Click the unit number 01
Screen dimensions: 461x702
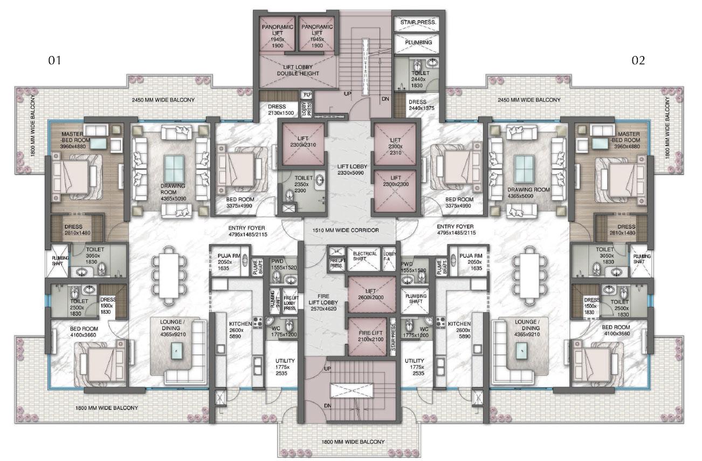point(54,60)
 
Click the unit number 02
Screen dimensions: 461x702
point(638,60)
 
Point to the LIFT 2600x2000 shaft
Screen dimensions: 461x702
point(371,294)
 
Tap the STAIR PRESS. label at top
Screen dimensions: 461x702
point(418,23)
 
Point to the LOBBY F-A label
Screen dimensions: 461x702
point(389,256)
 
